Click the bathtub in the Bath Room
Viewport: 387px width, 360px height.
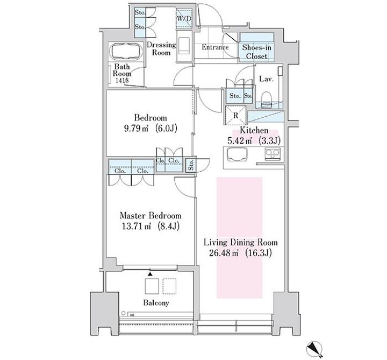[126, 52]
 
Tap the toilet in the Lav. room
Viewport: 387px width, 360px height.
[266, 100]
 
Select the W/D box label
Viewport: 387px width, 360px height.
[184, 18]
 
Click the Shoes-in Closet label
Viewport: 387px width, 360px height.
[256, 52]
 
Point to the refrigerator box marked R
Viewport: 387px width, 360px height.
[235, 115]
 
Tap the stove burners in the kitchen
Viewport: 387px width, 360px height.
[273, 154]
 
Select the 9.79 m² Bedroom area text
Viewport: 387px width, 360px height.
[150, 129]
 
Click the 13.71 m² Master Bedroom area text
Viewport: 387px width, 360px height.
[150, 226]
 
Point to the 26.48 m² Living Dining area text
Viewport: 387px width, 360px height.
[240, 253]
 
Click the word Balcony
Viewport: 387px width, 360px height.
[156, 303]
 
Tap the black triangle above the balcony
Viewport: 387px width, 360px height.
[150, 274]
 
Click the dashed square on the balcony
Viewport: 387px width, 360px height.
[169, 286]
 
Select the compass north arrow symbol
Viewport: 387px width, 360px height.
[314, 349]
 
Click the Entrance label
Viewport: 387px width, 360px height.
[215, 47]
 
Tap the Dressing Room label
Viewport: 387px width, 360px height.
[161, 48]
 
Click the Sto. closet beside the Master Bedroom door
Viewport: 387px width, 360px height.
[191, 165]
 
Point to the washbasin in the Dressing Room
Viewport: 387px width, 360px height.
[184, 45]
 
